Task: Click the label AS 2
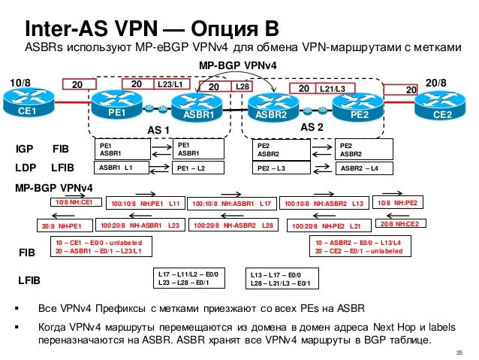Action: (312, 129)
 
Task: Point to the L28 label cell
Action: (242, 88)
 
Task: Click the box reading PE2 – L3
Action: (282, 168)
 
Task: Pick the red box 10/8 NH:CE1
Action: (74, 202)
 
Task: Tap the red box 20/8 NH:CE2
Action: (399, 223)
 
